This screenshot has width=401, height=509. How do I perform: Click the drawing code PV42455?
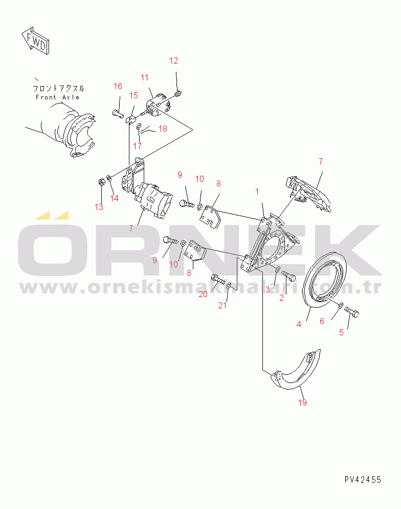[363, 479]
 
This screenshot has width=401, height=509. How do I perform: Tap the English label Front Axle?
[57, 97]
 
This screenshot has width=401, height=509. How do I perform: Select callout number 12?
[173, 60]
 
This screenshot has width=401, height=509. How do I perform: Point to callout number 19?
[302, 402]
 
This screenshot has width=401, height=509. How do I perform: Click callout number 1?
[257, 192]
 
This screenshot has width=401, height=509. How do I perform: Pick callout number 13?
[99, 207]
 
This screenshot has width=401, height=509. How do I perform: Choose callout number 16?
[118, 86]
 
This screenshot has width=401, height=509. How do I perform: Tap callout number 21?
[222, 305]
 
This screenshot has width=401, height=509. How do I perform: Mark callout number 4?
[299, 324]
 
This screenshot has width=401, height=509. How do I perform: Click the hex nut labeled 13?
[101, 182]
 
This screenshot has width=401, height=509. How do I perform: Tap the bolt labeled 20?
[217, 279]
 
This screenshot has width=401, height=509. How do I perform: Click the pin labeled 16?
[117, 113]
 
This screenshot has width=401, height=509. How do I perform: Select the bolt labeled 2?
[288, 275]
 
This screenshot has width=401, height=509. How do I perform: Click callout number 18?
[163, 129]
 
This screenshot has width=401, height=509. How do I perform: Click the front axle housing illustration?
[65, 130]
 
